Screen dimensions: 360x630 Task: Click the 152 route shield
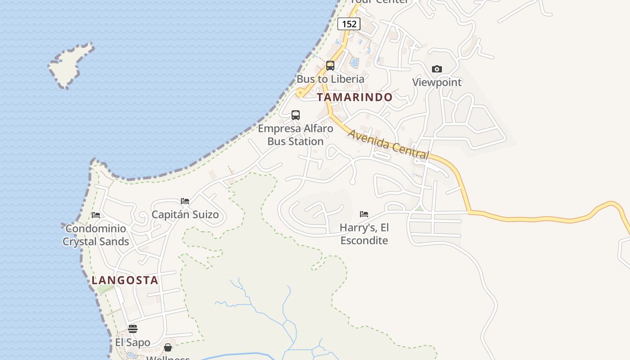349,24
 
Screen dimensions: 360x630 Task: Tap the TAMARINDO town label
355,97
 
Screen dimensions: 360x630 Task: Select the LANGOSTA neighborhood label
125,280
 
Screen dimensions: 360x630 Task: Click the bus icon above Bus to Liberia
330,66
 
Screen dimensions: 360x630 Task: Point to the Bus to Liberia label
330,79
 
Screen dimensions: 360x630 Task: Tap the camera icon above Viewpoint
436,69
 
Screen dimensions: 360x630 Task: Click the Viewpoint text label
437,82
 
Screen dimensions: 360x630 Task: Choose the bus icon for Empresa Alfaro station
296,115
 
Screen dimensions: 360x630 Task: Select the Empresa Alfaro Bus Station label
296,135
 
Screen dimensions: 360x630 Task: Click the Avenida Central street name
388,144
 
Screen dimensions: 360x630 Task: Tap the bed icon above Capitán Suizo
185,201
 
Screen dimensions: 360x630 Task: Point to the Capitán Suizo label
185,214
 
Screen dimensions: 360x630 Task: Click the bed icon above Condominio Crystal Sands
96,215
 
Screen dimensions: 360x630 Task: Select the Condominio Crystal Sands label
96,235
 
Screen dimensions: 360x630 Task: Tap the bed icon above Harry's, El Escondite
364,214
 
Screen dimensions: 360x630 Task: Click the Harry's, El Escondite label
364,234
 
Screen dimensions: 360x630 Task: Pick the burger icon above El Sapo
132,328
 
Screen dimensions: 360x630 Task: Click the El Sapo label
132,342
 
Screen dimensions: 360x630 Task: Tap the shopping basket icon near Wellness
168,347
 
